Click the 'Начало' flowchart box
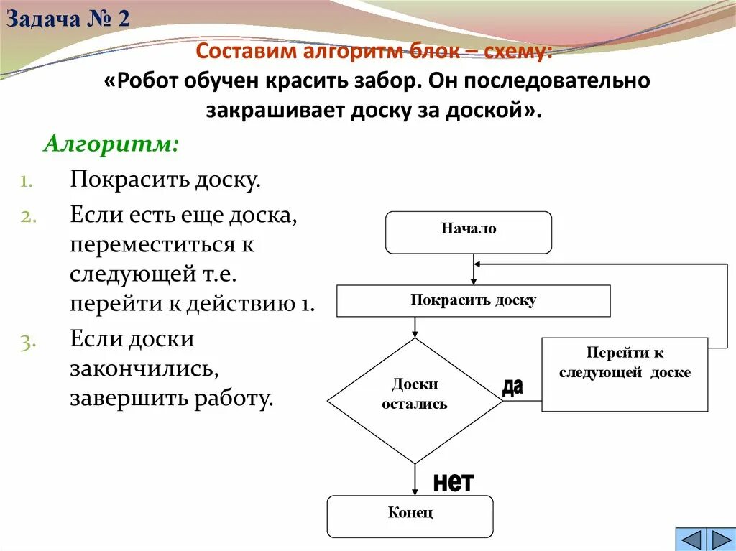pos(469,232)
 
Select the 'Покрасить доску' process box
pos(473,300)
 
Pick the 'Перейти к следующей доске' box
pos(624,374)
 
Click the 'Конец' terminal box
pos(410,516)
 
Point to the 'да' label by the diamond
pos(512,387)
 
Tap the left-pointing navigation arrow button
pos(691,540)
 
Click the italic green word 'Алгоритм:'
pos(111,144)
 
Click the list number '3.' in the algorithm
pos(27,343)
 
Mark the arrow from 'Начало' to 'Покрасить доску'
pos(473,270)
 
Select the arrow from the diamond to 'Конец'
pos(415,480)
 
